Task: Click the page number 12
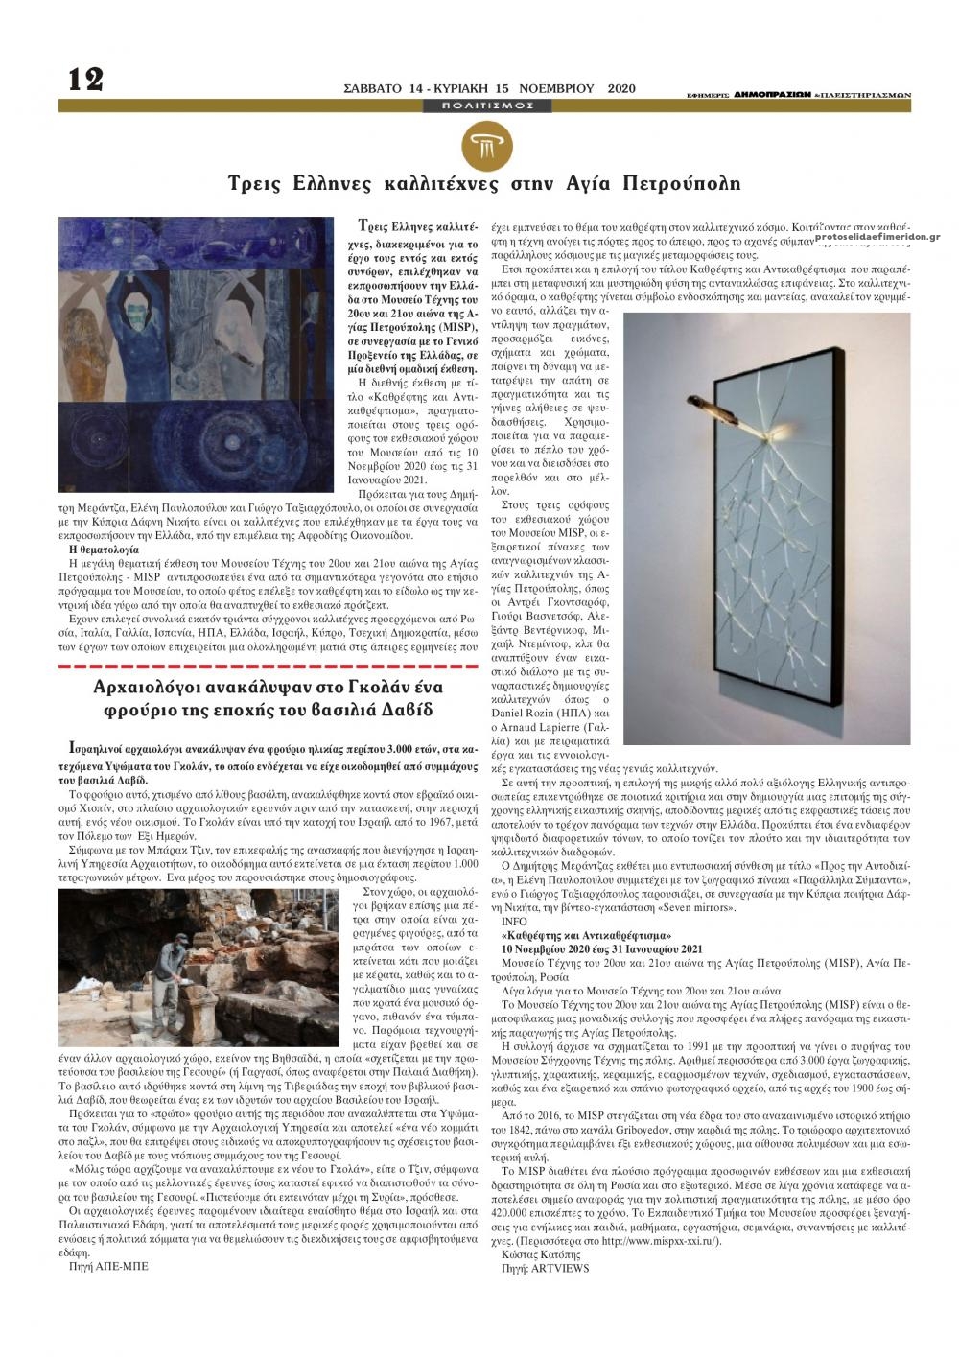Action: (84, 79)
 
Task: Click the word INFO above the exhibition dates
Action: (515, 920)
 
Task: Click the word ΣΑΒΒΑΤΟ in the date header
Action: (376, 88)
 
